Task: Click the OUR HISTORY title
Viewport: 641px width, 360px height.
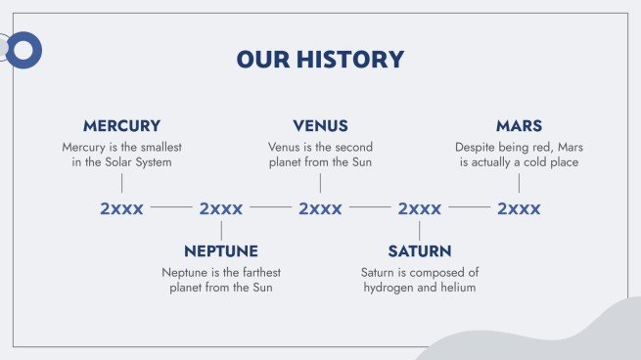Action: [320, 60]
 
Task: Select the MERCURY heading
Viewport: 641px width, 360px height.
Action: [121, 126]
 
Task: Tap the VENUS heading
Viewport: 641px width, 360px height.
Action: [320, 126]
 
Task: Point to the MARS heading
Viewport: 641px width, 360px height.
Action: [519, 126]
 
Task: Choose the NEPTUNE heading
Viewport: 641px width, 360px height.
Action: [221, 251]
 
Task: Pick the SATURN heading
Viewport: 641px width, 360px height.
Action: [419, 251]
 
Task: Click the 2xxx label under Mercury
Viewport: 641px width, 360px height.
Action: [121, 208]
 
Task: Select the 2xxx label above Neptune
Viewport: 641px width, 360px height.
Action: [221, 208]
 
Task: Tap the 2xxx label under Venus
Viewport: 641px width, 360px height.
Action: [320, 208]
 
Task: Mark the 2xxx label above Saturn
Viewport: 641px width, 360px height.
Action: [419, 208]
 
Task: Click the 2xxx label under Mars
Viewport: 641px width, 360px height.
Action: [519, 208]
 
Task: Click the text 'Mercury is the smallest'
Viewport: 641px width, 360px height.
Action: [121, 147]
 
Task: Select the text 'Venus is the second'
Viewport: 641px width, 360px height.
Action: [320, 147]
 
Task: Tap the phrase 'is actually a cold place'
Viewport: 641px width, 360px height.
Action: [519, 162]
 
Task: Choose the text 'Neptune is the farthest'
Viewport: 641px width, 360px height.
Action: [221, 272]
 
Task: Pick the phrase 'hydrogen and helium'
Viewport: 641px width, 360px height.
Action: [419, 288]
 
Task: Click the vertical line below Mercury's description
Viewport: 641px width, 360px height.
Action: [121, 183]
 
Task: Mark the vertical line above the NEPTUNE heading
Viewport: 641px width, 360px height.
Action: [221, 231]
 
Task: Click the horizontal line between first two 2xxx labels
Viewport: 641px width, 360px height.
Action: [171, 208]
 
